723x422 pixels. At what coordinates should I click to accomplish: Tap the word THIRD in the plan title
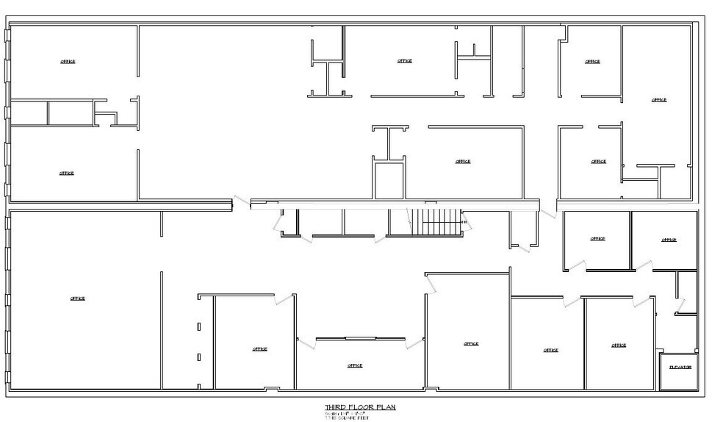coord(334,407)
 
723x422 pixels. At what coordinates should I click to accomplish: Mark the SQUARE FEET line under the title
coord(347,418)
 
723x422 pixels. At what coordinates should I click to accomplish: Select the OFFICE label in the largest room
coord(78,298)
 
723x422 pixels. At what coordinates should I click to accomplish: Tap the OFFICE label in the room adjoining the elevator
coord(619,345)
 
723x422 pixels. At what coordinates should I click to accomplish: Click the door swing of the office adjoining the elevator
coord(645,301)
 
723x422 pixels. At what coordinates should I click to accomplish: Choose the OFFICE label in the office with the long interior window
coord(355,365)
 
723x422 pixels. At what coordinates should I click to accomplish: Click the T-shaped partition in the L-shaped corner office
coord(655,169)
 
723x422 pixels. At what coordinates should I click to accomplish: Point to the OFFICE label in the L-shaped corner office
coord(659,100)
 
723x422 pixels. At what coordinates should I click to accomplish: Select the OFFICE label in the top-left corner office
coord(68,62)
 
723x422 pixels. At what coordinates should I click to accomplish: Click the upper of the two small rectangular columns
coord(198,326)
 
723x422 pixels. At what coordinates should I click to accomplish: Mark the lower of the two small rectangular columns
coord(198,358)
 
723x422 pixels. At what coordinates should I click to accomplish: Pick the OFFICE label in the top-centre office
coord(404,61)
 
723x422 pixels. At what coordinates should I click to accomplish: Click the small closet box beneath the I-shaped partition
coord(389,180)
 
